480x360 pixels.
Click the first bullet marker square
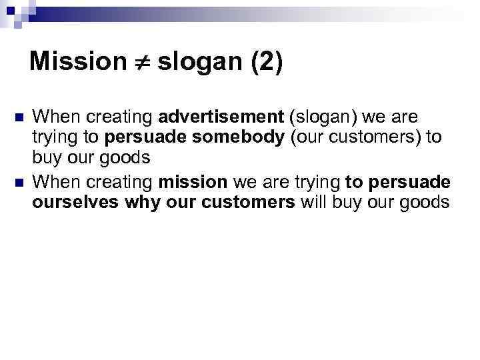pos(17,119)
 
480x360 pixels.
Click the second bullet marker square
pos(17,183)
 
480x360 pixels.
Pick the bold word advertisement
pos(221,118)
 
